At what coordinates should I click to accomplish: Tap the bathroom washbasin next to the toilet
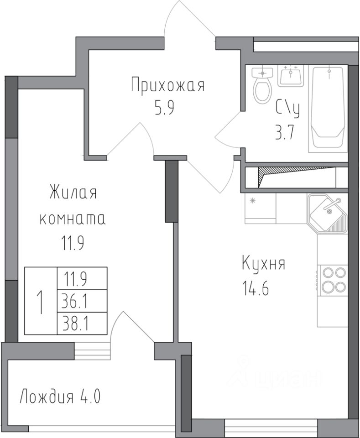(x=291, y=76)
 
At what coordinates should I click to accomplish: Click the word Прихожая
(x=168, y=85)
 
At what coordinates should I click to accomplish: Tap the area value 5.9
(x=165, y=108)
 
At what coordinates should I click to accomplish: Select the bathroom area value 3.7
(x=285, y=132)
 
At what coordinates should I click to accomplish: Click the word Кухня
(x=263, y=263)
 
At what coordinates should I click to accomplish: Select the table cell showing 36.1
(x=82, y=301)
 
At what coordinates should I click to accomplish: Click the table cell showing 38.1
(x=82, y=323)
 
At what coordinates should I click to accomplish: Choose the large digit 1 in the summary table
(x=41, y=302)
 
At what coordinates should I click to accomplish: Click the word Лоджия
(x=47, y=396)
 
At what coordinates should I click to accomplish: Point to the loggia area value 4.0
(x=90, y=396)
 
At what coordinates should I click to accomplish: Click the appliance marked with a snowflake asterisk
(x=260, y=208)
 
